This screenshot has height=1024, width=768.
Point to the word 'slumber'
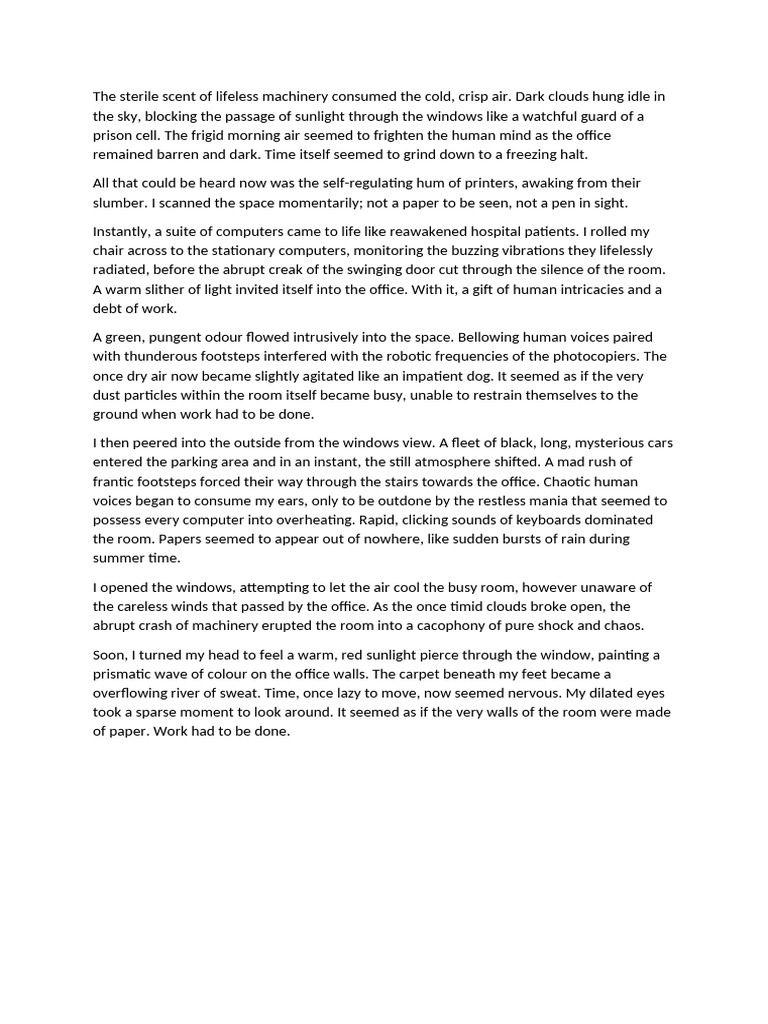point(120,202)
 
